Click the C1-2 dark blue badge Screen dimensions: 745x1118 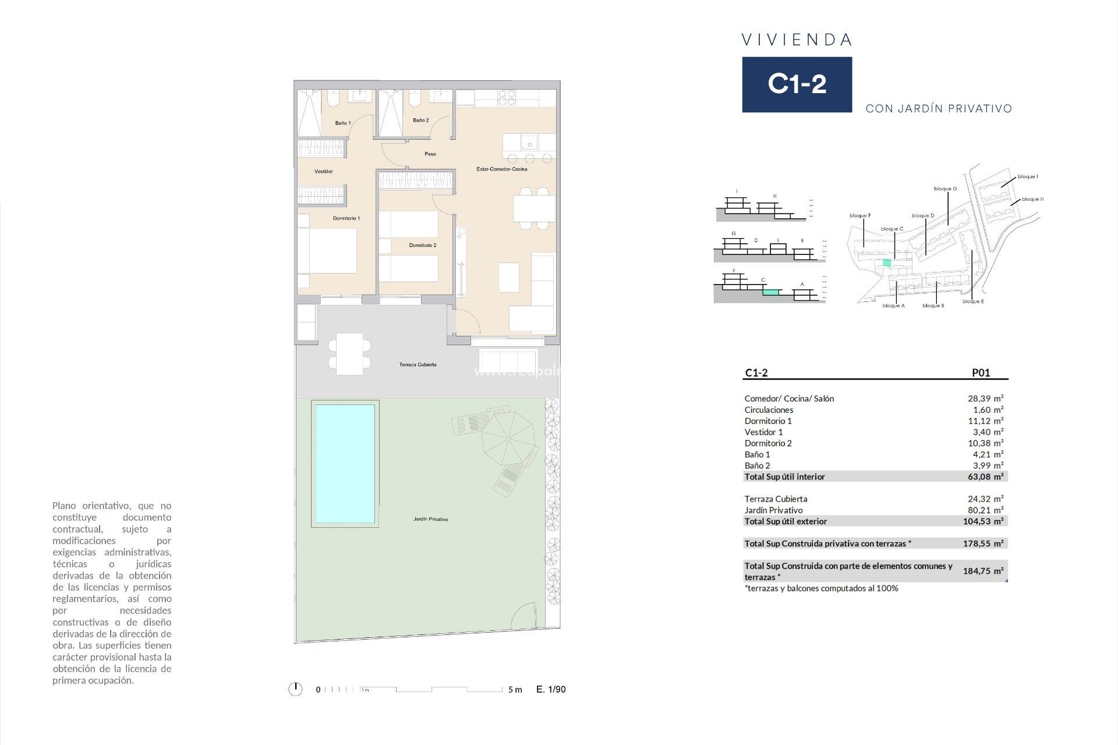797,84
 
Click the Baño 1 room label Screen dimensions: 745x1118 342,123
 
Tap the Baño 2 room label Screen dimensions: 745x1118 420,120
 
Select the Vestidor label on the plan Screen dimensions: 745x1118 324,171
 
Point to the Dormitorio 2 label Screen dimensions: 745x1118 422,245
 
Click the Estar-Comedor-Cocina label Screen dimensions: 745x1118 501,169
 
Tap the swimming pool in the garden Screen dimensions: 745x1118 345,464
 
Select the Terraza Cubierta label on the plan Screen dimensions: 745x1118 418,364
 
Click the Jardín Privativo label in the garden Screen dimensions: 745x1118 430,519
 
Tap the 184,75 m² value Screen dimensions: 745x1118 982,571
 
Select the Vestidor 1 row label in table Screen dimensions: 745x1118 763,432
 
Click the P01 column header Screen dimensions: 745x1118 981,372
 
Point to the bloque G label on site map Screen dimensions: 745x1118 945,189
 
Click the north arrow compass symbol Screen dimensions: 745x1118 295,689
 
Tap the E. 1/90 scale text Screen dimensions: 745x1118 551,689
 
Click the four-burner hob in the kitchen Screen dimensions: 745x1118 507,98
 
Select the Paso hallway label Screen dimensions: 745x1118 430,154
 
